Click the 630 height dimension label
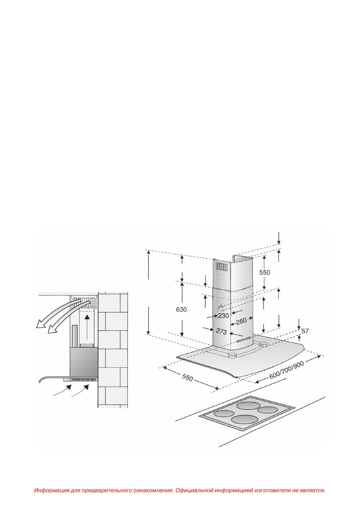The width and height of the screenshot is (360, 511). tap(182, 309)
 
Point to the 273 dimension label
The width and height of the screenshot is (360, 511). tap(221, 331)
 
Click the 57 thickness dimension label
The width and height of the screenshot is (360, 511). tap(305, 332)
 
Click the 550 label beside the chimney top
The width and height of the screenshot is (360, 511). tap(264, 272)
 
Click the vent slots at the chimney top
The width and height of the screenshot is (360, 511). tap(221, 267)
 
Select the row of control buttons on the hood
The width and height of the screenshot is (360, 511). tap(243, 339)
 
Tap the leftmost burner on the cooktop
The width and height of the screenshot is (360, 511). tap(224, 414)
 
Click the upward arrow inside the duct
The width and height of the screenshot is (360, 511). tap(87, 326)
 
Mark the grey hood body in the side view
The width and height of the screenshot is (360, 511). tap(84, 363)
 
